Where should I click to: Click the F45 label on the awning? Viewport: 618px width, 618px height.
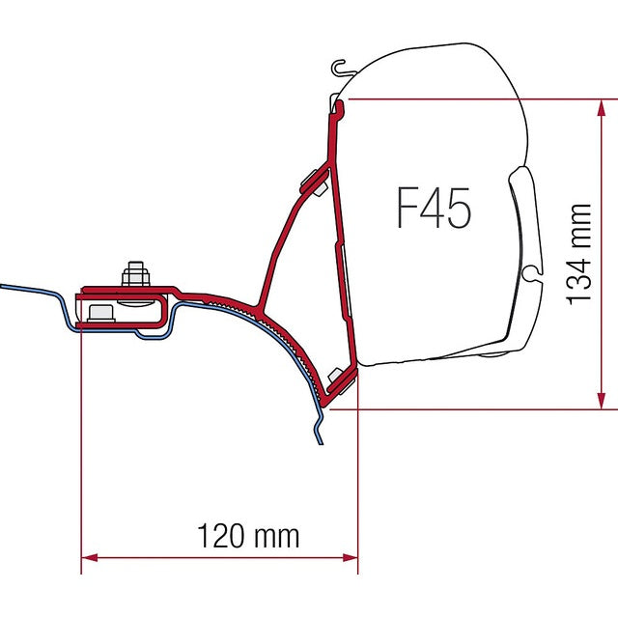(x=434, y=209)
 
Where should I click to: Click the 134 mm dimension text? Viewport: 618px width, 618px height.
(x=578, y=253)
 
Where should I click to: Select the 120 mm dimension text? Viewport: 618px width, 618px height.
(x=248, y=534)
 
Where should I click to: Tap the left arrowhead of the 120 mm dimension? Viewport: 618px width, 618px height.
(x=88, y=557)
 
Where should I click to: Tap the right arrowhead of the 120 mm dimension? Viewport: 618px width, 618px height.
(x=351, y=557)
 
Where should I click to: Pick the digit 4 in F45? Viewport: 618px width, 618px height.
(x=432, y=209)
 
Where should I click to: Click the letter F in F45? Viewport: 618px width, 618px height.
(x=407, y=209)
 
